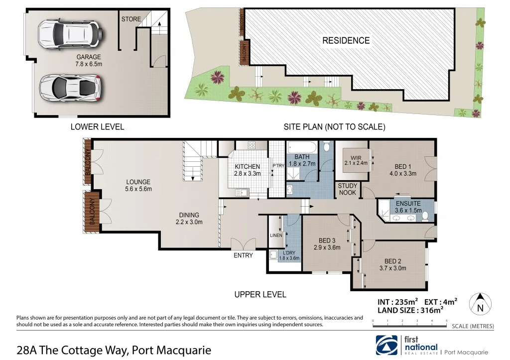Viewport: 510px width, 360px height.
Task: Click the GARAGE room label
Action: [x=89, y=57]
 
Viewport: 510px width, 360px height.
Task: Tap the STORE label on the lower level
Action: [x=130, y=19]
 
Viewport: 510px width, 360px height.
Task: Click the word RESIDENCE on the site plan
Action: [x=346, y=40]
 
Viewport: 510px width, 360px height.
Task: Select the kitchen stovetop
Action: [x=252, y=145]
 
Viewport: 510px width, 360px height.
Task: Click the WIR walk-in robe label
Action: [x=355, y=158]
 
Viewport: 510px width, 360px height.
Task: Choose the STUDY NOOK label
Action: [x=348, y=189]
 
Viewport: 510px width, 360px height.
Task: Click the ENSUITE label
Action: [x=408, y=204]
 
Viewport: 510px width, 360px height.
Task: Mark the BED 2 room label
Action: [x=393, y=261]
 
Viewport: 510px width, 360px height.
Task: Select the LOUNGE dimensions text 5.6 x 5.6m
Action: [x=138, y=189]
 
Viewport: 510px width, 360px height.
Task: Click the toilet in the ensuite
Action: [x=424, y=216]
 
